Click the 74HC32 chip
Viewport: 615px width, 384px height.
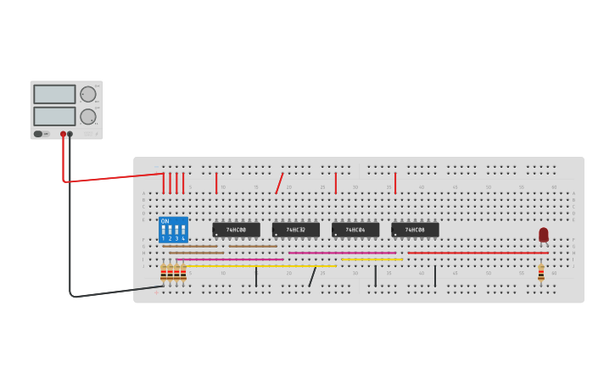(x=295, y=230)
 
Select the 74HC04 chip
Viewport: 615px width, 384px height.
(x=355, y=230)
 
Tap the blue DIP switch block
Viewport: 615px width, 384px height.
(x=173, y=230)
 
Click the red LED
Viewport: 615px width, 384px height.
(x=544, y=234)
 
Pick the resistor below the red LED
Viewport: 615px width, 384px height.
(x=541, y=272)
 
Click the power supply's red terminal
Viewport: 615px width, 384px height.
(x=63, y=134)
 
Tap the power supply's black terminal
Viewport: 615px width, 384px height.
(x=70, y=134)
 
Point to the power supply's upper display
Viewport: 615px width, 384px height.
(x=54, y=94)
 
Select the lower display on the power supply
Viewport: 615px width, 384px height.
(x=54, y=115)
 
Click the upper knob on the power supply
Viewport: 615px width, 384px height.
(x=88, y=94)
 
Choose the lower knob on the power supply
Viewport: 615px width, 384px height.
(x=88, y=116)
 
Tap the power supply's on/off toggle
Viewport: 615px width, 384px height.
(x=38, y=134)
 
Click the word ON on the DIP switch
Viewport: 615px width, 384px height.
(x=165, y=221)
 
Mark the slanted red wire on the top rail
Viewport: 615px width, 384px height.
(x=279, y=183)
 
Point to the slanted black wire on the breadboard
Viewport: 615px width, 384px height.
(x=312, y=276)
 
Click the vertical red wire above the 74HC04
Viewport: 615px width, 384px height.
(x=336, y=183)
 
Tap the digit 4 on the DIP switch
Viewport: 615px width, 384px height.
(x=183, y=239)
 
